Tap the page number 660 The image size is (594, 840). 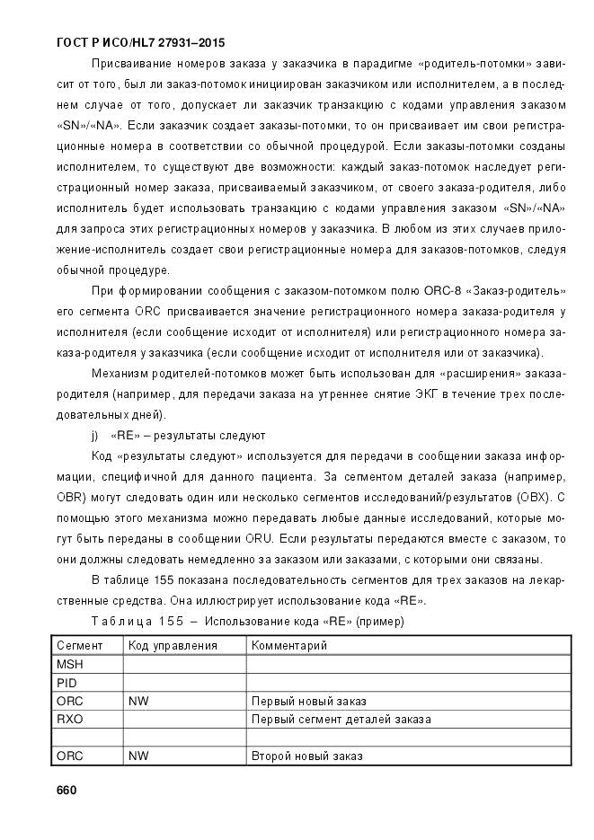pos(67,790)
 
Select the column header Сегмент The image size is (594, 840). pos(80,645)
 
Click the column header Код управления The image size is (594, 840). pos(173,645)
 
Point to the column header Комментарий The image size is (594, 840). pos(289,645)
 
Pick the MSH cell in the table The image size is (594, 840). pos(69,664)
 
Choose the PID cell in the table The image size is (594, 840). pos(67,683)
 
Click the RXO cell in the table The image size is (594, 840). pos(69,719)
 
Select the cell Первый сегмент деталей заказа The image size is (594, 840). pos(341,719)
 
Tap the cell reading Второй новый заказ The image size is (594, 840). pos(307,756)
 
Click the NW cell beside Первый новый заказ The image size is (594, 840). pos(138,701)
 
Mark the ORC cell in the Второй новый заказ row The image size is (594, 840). pos(70,756)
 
